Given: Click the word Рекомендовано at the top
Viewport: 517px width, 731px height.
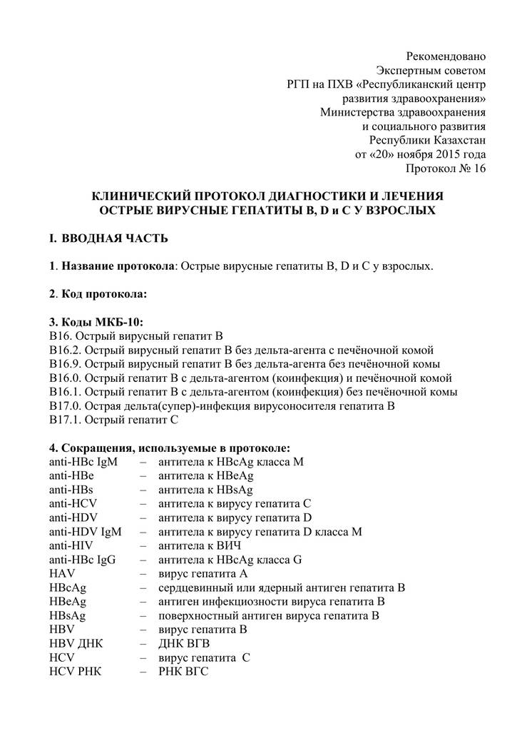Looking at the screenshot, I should [x=446, y=56].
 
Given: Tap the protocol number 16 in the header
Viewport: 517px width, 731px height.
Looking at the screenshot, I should [x=478, y=168].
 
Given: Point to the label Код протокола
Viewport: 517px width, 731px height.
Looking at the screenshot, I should [x=105, y=293].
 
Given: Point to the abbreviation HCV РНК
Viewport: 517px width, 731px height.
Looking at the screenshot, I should [x=76, y=671].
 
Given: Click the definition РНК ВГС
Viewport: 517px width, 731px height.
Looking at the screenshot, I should [x=183, y=671].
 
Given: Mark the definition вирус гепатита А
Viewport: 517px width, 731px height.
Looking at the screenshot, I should [x=203, y=573].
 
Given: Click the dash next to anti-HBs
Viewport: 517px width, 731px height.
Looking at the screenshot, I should [x=144, y=490].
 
